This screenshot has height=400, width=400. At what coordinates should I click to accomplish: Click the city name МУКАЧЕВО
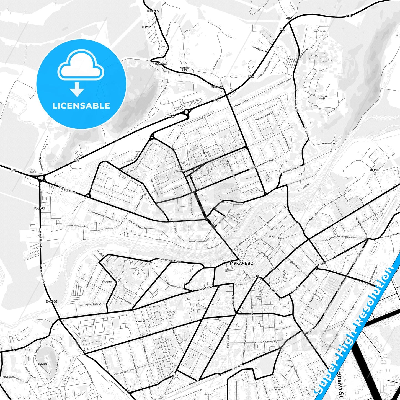(241, 263)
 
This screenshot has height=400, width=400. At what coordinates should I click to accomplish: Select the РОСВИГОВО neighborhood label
(180, 171)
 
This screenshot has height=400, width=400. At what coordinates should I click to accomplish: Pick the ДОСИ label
(149, 370)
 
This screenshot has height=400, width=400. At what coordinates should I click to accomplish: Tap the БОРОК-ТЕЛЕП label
(278, 388)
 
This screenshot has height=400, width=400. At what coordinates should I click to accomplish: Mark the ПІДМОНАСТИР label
(329, 144)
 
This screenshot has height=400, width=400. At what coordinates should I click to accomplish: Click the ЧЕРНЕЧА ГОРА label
(322, 97)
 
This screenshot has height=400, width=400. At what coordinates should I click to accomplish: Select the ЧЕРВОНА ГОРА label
(185, 69)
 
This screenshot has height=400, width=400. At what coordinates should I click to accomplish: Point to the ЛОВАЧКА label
(146, 27)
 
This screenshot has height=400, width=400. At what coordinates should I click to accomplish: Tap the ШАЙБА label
(289, 18)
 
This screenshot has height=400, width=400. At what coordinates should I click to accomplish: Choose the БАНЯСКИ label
(374, 170)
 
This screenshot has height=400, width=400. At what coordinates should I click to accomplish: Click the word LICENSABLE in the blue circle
(81, 106)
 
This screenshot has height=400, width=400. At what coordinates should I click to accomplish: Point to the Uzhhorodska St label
(67, 190)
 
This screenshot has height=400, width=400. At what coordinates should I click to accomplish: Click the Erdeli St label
(322, 31)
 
